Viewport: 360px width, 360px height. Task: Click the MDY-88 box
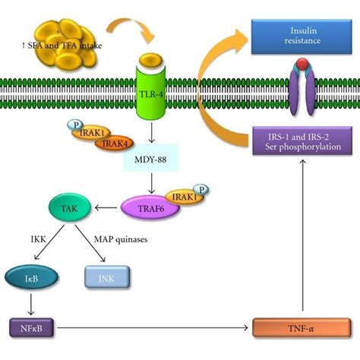(x=153, y=162)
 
